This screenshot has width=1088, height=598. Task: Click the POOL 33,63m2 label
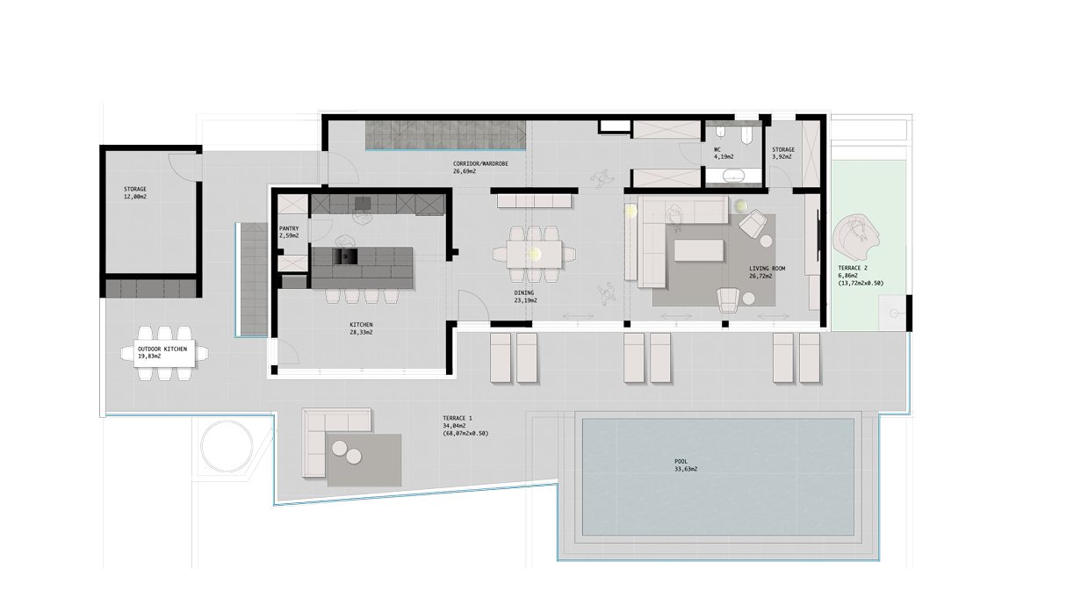(x=686, y=465)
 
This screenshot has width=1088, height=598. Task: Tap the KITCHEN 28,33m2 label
(x=361, y=328)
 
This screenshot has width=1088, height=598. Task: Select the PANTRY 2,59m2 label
(x=289, y=232)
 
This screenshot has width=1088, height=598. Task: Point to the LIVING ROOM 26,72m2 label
(x=767, y=272)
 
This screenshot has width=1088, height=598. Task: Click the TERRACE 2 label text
(x=853, y=268)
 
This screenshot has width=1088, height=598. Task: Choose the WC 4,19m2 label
(x=724, y=154)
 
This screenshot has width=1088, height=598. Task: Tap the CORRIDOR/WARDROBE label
(x=480, y=163)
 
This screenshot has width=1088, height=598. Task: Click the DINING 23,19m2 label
(x=525, y=296)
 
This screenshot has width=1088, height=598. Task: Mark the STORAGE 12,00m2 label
(x=135, y=193)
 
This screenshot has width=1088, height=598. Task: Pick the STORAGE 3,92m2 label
(x=783, y=154)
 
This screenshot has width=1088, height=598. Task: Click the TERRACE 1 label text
(x=457, y=418)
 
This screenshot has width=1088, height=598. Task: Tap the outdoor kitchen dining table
(x=159, y=352)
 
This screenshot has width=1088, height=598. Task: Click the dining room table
(x=534, y=254)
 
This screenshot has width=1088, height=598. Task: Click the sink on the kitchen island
(x=345, y=256)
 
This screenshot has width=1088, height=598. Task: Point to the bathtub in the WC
(x=734, y=176)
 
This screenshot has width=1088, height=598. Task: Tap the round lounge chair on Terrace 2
(x=856, y=238)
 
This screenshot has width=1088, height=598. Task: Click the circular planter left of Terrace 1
(x=227, y=445)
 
